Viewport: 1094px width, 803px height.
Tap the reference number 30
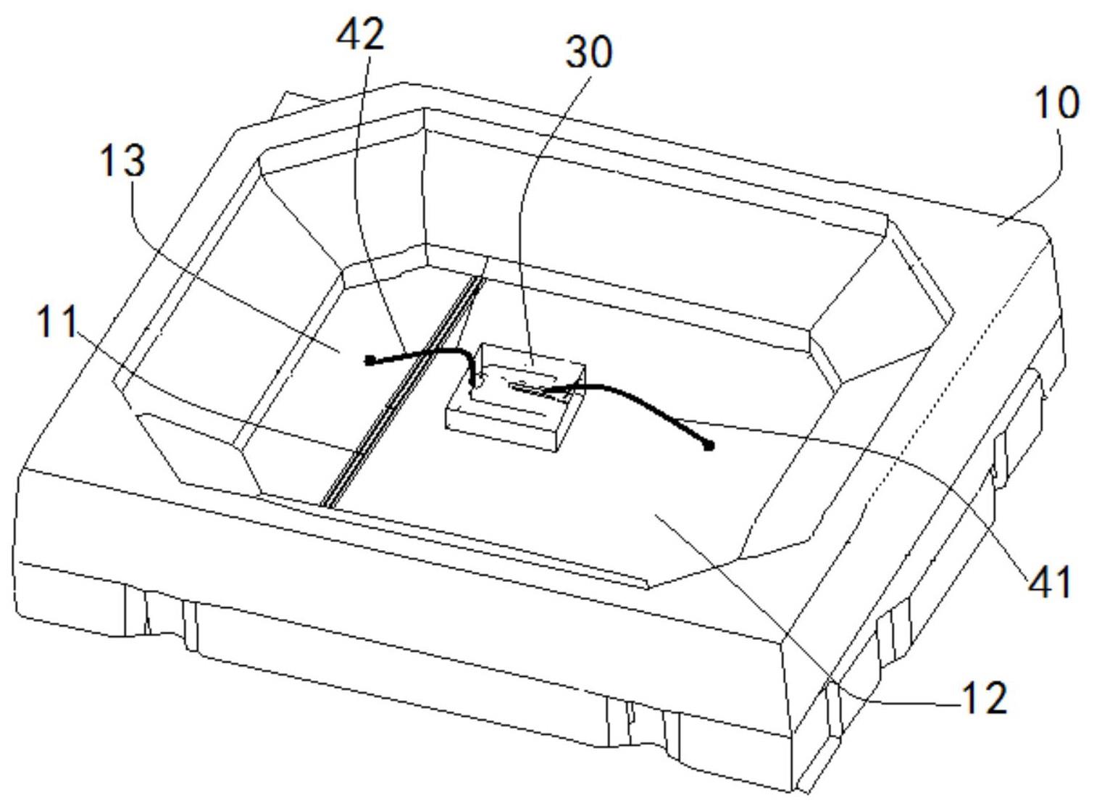588,53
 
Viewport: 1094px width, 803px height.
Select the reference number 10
1056,104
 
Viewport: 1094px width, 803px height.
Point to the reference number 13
122,161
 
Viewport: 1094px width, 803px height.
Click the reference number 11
57,322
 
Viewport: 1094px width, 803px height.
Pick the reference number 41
1049,582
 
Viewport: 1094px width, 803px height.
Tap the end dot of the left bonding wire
369,359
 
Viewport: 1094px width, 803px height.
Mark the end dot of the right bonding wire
709,446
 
